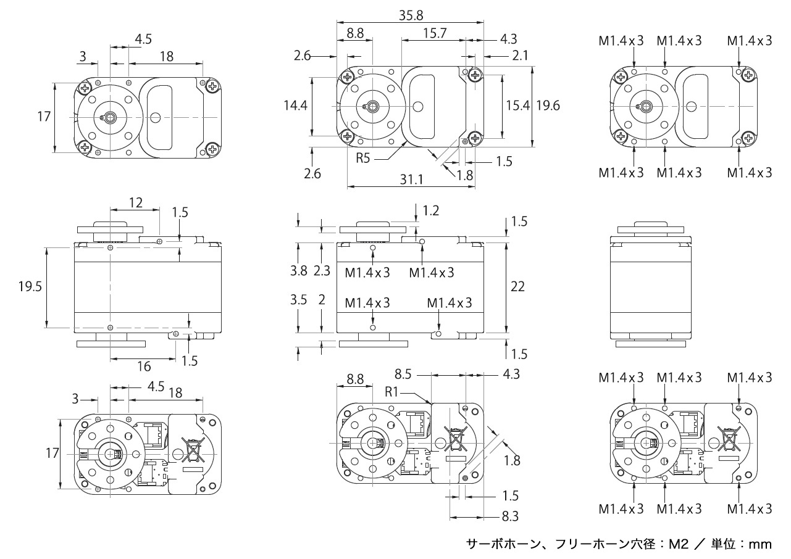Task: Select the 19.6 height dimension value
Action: coord(548,106)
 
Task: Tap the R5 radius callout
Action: coord(364,157)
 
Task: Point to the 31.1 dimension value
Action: coord(411,180)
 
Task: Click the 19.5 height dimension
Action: coord(30,286)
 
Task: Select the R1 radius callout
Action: coord(393,391)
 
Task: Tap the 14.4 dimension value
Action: coord(295,106)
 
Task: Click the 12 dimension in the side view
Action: coord(135,202)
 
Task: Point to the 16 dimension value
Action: coord(144,366)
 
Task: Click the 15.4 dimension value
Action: coord(517,106)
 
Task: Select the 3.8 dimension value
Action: coord(298,271)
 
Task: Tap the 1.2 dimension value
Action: coord(431,212)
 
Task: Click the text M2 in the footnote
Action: coord(679,544)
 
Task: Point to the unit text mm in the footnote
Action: coord(760,544)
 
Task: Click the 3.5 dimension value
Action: coord(298,300)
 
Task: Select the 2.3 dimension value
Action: coord(322,271)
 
